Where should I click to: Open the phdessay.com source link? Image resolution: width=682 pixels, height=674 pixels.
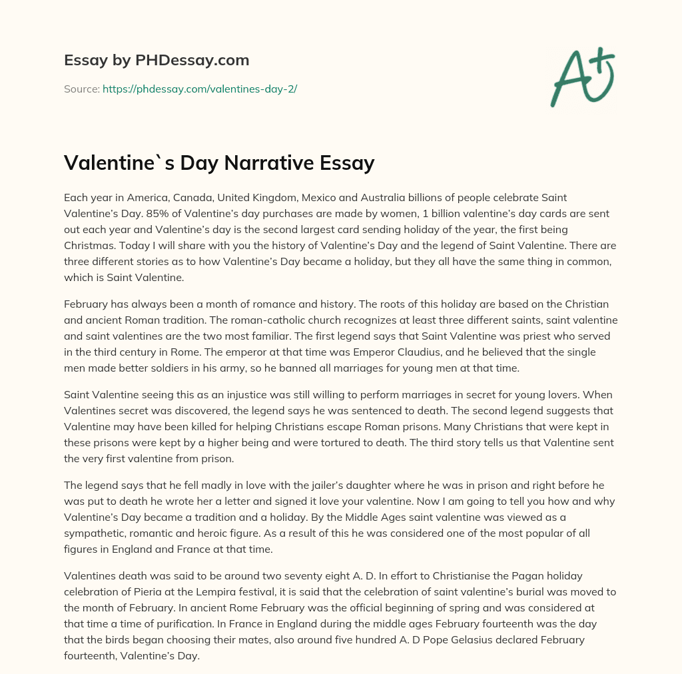pyautogui.click(x=199, y=89)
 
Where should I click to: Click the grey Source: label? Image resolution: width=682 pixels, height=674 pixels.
pyautogui.click(x=82, y=89)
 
